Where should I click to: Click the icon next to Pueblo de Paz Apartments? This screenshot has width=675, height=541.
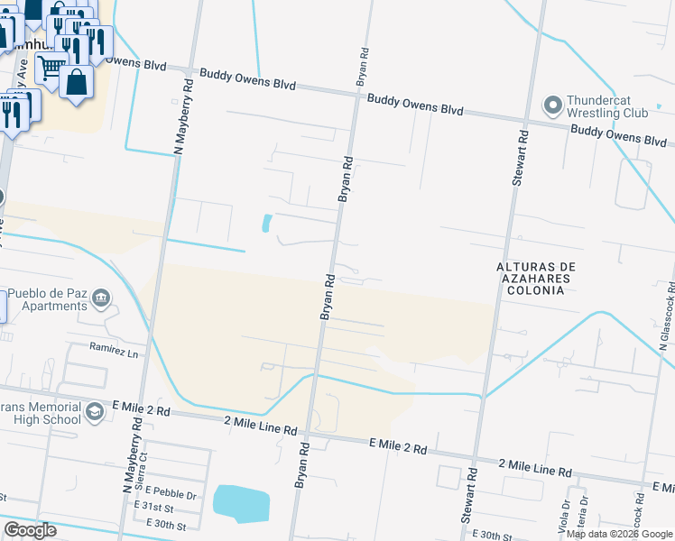(101, 298)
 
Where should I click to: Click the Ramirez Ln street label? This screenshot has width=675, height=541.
(116, 348)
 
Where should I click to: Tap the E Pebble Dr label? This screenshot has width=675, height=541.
(165, 494)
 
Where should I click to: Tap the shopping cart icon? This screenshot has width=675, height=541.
(51, 66)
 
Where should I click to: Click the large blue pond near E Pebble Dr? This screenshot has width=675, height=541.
(241, 503)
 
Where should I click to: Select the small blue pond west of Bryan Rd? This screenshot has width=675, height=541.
(266, 223)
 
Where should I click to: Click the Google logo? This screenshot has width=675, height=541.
(30, 530)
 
